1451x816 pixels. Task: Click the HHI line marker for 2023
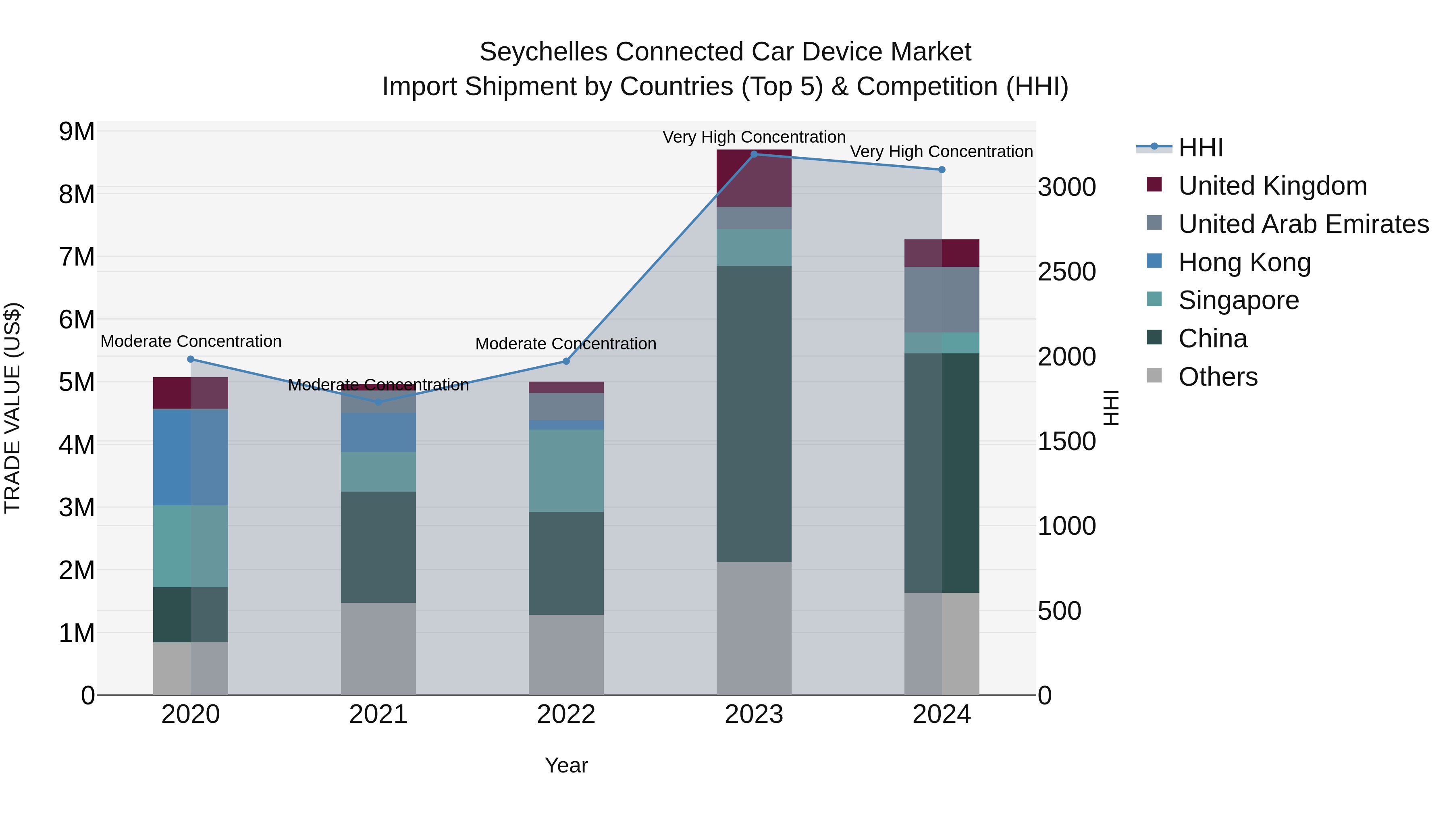point(754,154)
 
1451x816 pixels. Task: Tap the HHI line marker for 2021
point(378,402)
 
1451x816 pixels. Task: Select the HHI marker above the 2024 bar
point(942,170)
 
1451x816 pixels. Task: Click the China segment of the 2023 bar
point(754,414)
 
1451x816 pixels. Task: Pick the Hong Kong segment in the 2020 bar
point(190,457)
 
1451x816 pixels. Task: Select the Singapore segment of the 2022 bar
point(566,470)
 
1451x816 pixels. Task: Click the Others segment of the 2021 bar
point(378,649)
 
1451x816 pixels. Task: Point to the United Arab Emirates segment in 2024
point(942,299)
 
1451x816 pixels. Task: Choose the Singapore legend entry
point(1238,300)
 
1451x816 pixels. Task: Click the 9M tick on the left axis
point(77,132)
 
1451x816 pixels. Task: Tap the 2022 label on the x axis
point(566,714)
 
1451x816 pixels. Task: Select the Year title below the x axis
point(566,765)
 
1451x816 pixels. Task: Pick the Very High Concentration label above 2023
point(754,137)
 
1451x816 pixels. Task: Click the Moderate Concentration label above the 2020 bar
point(191,341)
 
